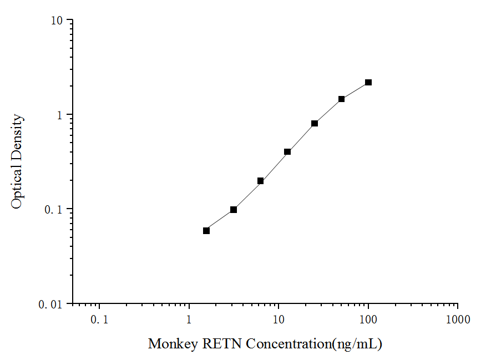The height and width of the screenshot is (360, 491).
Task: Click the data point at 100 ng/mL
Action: click(x=368, y=83)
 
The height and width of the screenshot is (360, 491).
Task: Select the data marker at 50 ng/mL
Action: click(x=341, y=99)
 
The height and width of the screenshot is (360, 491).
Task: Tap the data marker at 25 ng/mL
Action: click(x=315, y=124)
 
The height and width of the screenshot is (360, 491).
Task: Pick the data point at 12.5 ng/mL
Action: click(x=287, y=151)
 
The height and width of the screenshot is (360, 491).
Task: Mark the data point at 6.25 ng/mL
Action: click(x=260, y=181)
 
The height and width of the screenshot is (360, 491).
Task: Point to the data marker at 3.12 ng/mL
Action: click(x=234, y=210)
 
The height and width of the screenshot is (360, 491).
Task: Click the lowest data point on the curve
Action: click(x=206, y=231)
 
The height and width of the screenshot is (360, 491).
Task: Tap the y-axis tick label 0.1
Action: click(x=55, y=210)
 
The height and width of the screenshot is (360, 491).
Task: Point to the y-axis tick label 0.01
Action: click(x=52, y=304)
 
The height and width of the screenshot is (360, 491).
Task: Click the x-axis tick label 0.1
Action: click(x=100, y=320)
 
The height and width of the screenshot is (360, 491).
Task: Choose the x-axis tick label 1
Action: click(x=189, y=320)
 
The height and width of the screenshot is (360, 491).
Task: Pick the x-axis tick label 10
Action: click(x=279, y=320)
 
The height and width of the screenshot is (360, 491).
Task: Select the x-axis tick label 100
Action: click(x=368, y=320)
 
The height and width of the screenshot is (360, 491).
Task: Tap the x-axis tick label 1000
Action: click(x=458, y=320)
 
